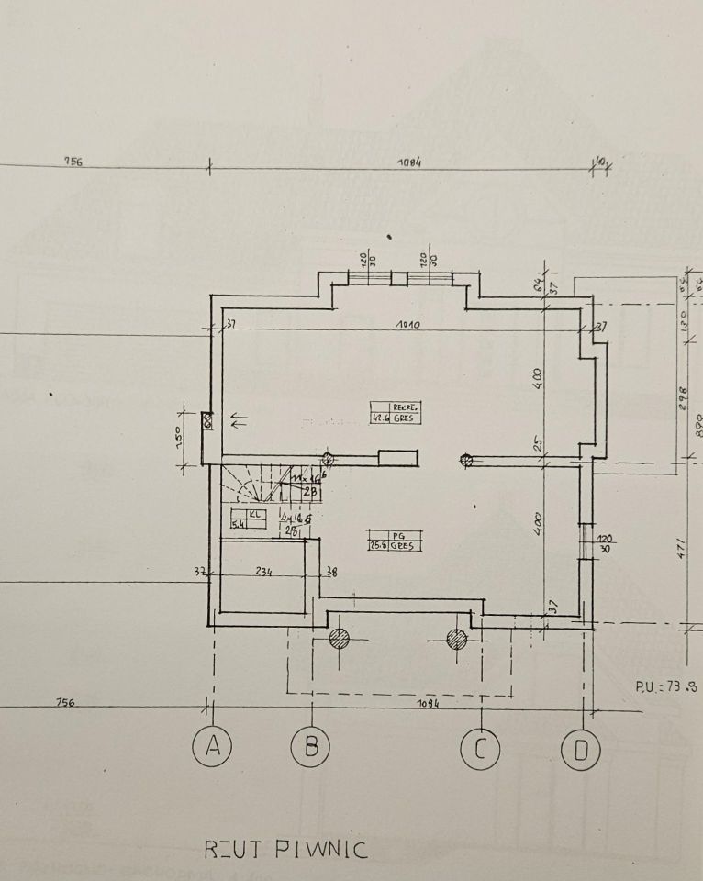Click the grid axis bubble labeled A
213,749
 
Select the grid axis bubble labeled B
311,749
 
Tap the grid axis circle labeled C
480,750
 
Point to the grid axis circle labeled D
580,750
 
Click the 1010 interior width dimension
408,324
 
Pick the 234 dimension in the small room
264,571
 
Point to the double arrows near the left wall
239,421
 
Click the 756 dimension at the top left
73,162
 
